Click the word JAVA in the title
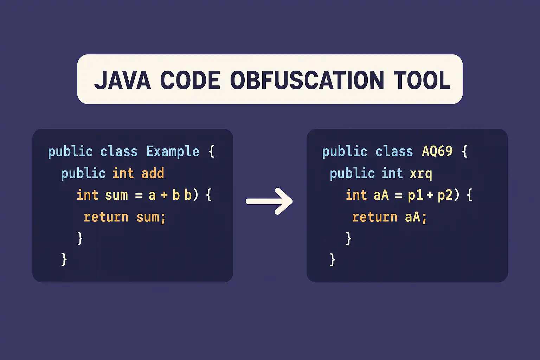point(122,80)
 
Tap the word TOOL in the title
point(422,80)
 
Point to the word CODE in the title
point(190,80)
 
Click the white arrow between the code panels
point(269,201)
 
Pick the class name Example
point(173,152)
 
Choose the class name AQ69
point(437,152)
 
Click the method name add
point(153,173)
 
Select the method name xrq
point(421,174)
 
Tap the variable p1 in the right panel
point(415,195)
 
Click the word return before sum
point(106,217)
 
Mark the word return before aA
point(375,217)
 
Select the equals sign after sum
point(139,195)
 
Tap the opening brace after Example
point(212,152)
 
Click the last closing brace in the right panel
point(332,260)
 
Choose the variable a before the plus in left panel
point(152,195)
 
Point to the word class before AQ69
point(394,152)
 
